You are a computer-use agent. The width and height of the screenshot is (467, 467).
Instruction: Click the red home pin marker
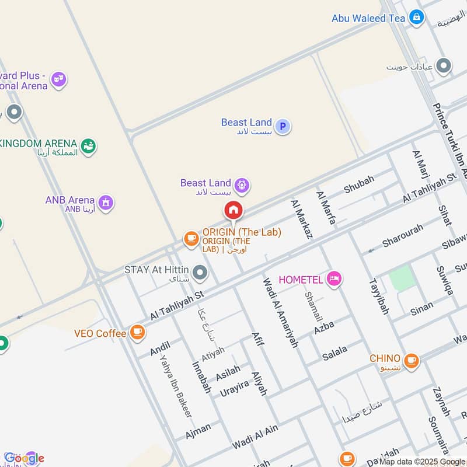(233, 210)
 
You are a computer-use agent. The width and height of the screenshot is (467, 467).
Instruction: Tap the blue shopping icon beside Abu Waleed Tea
(416, 18)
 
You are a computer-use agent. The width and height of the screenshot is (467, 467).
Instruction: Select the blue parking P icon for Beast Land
(283, 126)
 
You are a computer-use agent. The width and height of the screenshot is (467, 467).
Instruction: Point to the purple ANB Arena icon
(106, 203)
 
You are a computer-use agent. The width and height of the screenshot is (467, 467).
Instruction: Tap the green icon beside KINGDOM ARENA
(88, 145)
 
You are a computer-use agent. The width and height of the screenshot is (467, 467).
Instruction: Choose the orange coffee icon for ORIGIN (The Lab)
(191, 238)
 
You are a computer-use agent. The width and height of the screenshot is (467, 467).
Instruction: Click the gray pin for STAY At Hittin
(200, 272)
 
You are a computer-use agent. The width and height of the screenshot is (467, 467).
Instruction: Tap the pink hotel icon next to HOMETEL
(334, 279)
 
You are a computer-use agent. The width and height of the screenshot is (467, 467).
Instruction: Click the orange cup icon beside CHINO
(411, 360)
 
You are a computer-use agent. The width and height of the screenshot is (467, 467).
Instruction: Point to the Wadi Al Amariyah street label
(280, 312)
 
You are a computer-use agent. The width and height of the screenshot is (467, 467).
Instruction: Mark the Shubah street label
(358, 184)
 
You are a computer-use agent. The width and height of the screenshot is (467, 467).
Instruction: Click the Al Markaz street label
(301, 219)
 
